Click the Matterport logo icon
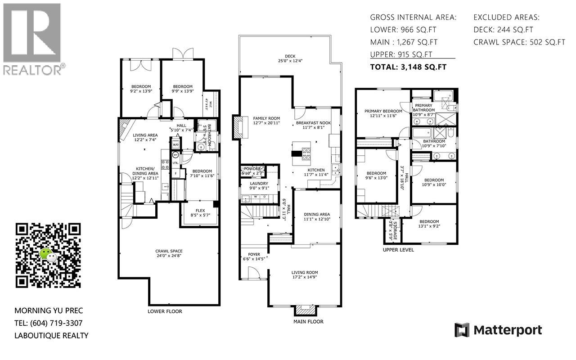point(462,330)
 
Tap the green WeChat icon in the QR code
point(49,255)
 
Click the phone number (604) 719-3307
point(56,323)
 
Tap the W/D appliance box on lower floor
point(175,145)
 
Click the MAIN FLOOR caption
point(308,321)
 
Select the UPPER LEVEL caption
point(398,250)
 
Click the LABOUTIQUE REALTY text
point(51,335)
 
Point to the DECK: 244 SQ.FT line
point(503,30)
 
